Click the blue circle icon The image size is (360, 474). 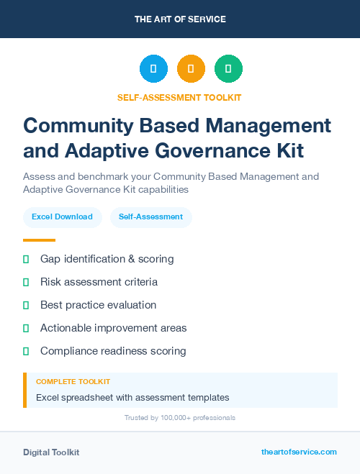click(153, 69)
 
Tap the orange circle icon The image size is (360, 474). click(191, 69)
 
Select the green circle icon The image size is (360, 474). click(228, 69)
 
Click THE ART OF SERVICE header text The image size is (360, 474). click(180, 19)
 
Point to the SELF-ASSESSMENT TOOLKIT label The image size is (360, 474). click(179, 97)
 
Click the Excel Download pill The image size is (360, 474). click(62, 217)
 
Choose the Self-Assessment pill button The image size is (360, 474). click(150, 217)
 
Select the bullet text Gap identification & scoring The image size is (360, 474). click(107, 259)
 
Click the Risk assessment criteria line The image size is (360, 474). click(99, 282)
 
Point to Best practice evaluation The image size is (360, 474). click(98, 305)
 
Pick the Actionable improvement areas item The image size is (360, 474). click(113, 328)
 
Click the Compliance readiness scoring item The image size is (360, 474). click(113, 351)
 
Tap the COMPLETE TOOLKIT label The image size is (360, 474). click(73, 381)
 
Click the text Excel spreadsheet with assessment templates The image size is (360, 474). click(132, 397)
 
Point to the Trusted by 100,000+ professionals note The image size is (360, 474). click(180, 417)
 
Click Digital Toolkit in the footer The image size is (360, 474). click(51, 452)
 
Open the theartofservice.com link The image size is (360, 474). click(299, 452)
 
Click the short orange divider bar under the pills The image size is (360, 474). click(39, 240)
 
